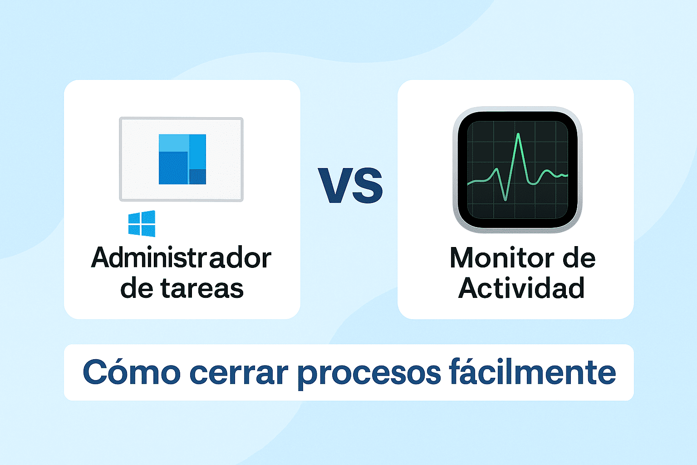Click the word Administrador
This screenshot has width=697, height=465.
point(181,258)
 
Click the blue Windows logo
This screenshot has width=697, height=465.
point(142,223)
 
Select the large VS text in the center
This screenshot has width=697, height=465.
point(350,186)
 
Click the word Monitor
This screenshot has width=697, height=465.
point(502,258)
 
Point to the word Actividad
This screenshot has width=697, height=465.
point(521,288)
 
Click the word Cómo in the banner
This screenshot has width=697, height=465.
point(132,372)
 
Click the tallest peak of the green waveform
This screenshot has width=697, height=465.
point(518,135)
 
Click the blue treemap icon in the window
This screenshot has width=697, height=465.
point(182,159)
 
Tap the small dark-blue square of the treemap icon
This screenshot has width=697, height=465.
point(197,177)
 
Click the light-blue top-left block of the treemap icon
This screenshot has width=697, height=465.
point(174,143)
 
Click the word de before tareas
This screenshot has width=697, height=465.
point(137,288)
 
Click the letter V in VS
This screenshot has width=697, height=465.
point(335,186)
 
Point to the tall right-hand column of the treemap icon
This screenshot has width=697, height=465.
point(197,151)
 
